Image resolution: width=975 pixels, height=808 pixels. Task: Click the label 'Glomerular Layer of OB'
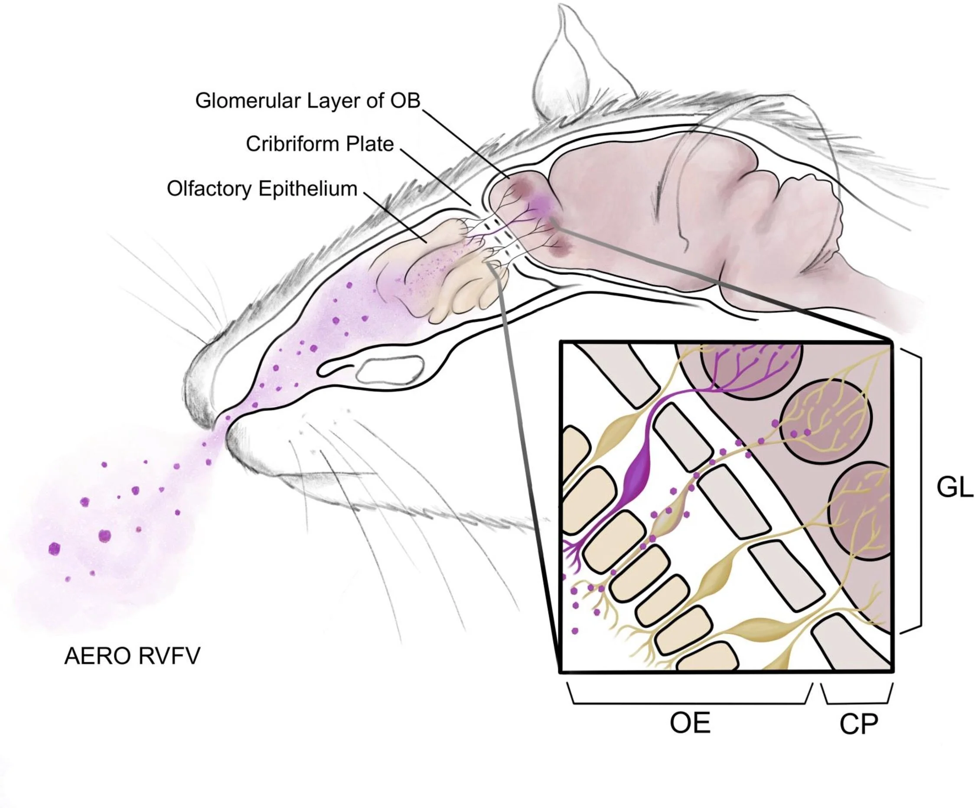click(x=307, y=101)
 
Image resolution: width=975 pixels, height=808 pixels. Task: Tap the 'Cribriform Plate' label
click(x=320, y=144)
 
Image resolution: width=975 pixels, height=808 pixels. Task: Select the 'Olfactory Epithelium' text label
click(x=262, y=189)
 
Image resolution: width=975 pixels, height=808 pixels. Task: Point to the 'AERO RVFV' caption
click(x=132, y=656)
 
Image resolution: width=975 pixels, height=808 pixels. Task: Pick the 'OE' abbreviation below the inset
click(x=690, y=723)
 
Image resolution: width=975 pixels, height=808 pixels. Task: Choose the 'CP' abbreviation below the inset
click(x=858, y=724)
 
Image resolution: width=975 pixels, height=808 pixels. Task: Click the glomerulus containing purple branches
click(x=751, y=369)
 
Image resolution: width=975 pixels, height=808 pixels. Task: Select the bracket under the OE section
click(x=689, y=697)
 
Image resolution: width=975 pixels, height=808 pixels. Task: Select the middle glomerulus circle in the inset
click(x=826, y=422)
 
